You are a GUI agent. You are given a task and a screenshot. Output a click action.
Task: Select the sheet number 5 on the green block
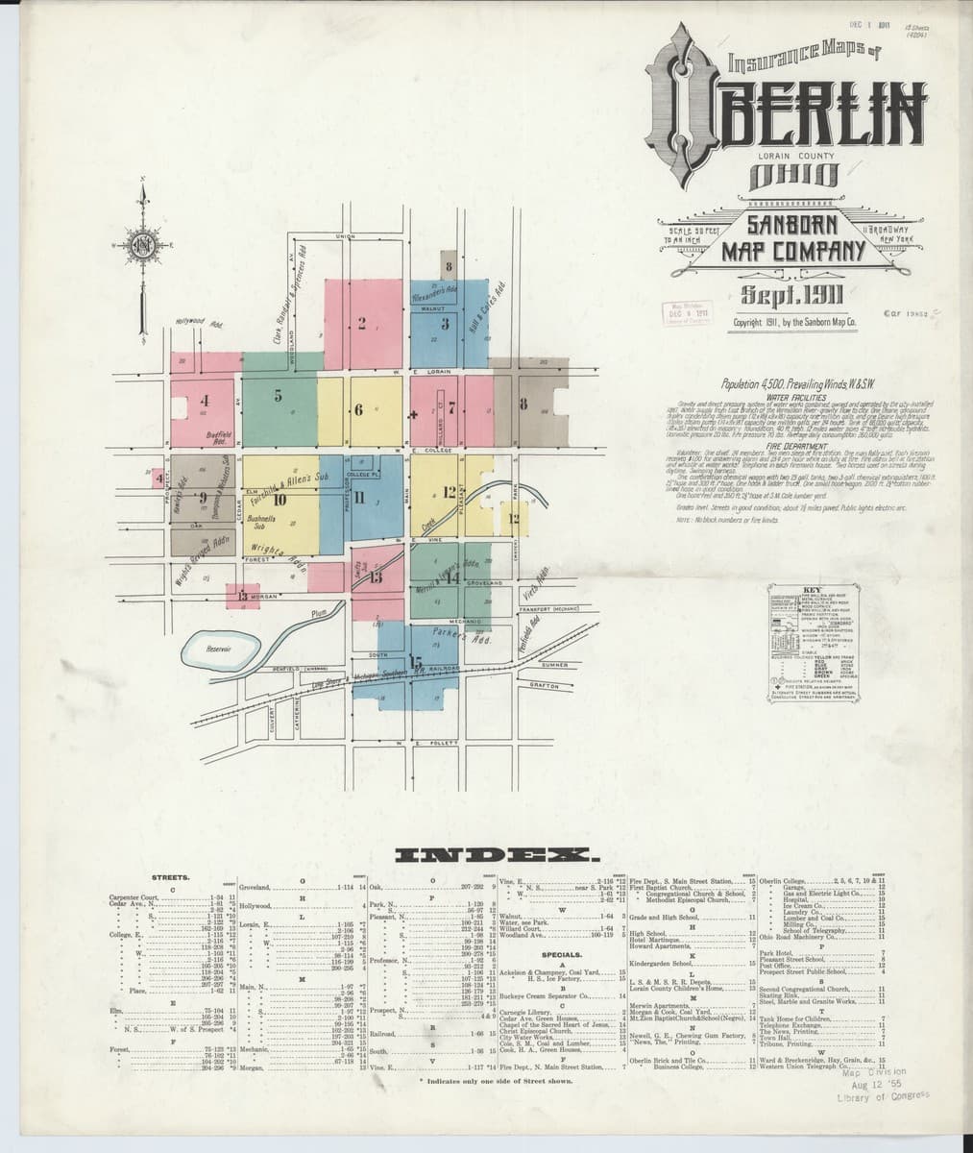277,400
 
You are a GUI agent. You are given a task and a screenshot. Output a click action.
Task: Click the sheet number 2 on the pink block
362,323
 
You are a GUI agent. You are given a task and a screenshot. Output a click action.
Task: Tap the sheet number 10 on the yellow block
280,499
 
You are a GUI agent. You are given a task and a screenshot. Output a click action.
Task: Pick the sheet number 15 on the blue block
416,662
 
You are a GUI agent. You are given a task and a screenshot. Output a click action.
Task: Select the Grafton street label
544,685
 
